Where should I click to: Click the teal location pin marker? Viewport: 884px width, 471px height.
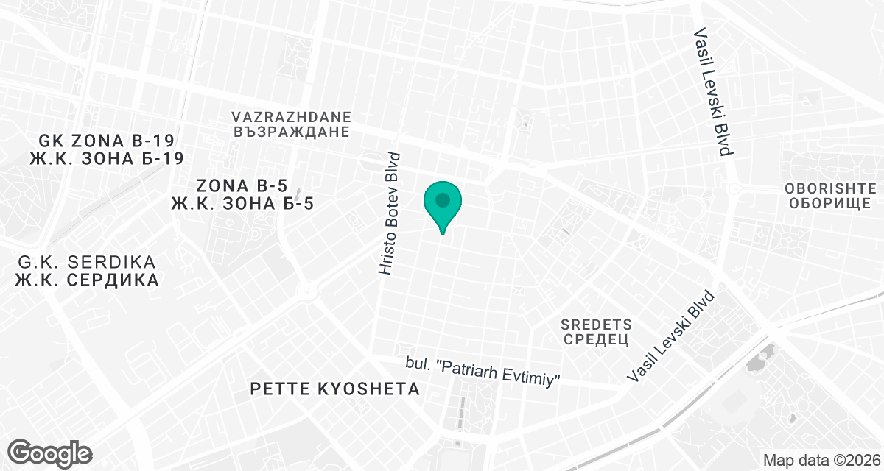click(442, 202)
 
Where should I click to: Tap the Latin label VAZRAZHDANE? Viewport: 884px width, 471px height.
click(291, 117)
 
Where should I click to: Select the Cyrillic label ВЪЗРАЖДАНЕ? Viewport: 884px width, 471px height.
click(291, 132)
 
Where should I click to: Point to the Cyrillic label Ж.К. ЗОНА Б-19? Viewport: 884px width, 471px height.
click(106, 158)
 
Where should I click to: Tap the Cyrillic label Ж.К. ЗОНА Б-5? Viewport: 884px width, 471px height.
click(242, 203)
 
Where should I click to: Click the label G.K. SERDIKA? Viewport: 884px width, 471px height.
click(87, 263)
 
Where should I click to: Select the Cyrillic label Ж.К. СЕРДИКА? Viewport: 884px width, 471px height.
click(87, 280)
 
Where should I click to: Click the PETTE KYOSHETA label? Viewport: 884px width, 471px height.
click(335, 389)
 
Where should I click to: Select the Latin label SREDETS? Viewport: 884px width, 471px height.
click(597, 324)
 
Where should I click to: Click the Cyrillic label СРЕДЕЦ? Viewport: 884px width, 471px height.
click(597, 339)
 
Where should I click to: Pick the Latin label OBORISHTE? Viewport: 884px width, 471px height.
click(830, 187)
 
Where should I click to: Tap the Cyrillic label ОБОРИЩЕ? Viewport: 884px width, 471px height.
click(830, 202)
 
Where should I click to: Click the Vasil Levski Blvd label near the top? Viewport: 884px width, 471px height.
click(713, 93)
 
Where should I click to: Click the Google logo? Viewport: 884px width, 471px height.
click(50, 452)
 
